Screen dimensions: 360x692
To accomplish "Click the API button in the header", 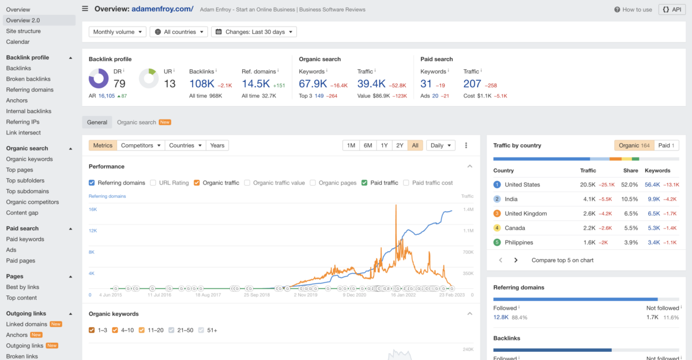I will coord(672,9).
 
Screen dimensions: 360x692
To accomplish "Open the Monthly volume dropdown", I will coord(118,32).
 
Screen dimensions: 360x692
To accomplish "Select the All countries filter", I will coord(179,32).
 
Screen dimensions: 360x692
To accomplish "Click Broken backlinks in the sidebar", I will coord(28,79).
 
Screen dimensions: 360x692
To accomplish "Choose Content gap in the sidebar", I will coord(22,213).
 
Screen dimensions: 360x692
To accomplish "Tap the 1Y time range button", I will coord(384,145).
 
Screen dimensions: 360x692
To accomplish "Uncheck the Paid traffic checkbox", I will coord(364,183).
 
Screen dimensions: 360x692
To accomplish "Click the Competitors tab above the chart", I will coord(141,145).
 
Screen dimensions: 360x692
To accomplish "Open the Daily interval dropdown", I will coord(441,145).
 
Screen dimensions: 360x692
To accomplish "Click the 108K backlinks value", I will coord(202,84).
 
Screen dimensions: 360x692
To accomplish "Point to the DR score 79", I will coord(119,84).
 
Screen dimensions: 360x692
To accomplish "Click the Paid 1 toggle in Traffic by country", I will coord(667,145).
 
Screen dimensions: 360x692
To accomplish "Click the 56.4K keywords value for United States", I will coord(652,185).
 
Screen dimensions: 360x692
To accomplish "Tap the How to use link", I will coord(633,9).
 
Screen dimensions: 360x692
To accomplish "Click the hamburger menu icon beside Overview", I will coord(85,9).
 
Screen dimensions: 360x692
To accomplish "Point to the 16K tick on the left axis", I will coord(92,209).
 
